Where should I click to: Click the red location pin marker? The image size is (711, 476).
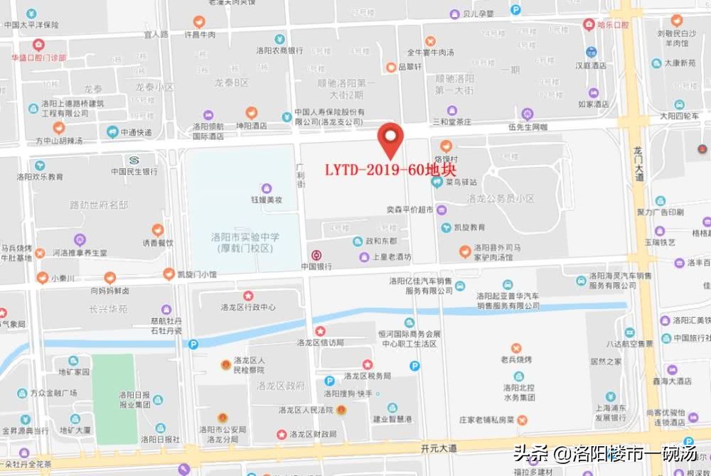390,139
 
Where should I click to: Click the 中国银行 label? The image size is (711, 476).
316,266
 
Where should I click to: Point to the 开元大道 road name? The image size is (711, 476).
439,448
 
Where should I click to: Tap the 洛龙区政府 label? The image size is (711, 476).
281,386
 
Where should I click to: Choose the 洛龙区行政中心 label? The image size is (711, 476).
248,307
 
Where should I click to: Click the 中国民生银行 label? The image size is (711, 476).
134,171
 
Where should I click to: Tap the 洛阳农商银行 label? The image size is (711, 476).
280,50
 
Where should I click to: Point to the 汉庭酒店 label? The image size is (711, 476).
591,65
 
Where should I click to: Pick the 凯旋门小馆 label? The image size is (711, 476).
197,274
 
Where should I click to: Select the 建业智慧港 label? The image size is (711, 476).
392,418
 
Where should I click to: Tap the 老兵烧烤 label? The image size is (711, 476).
516,359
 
